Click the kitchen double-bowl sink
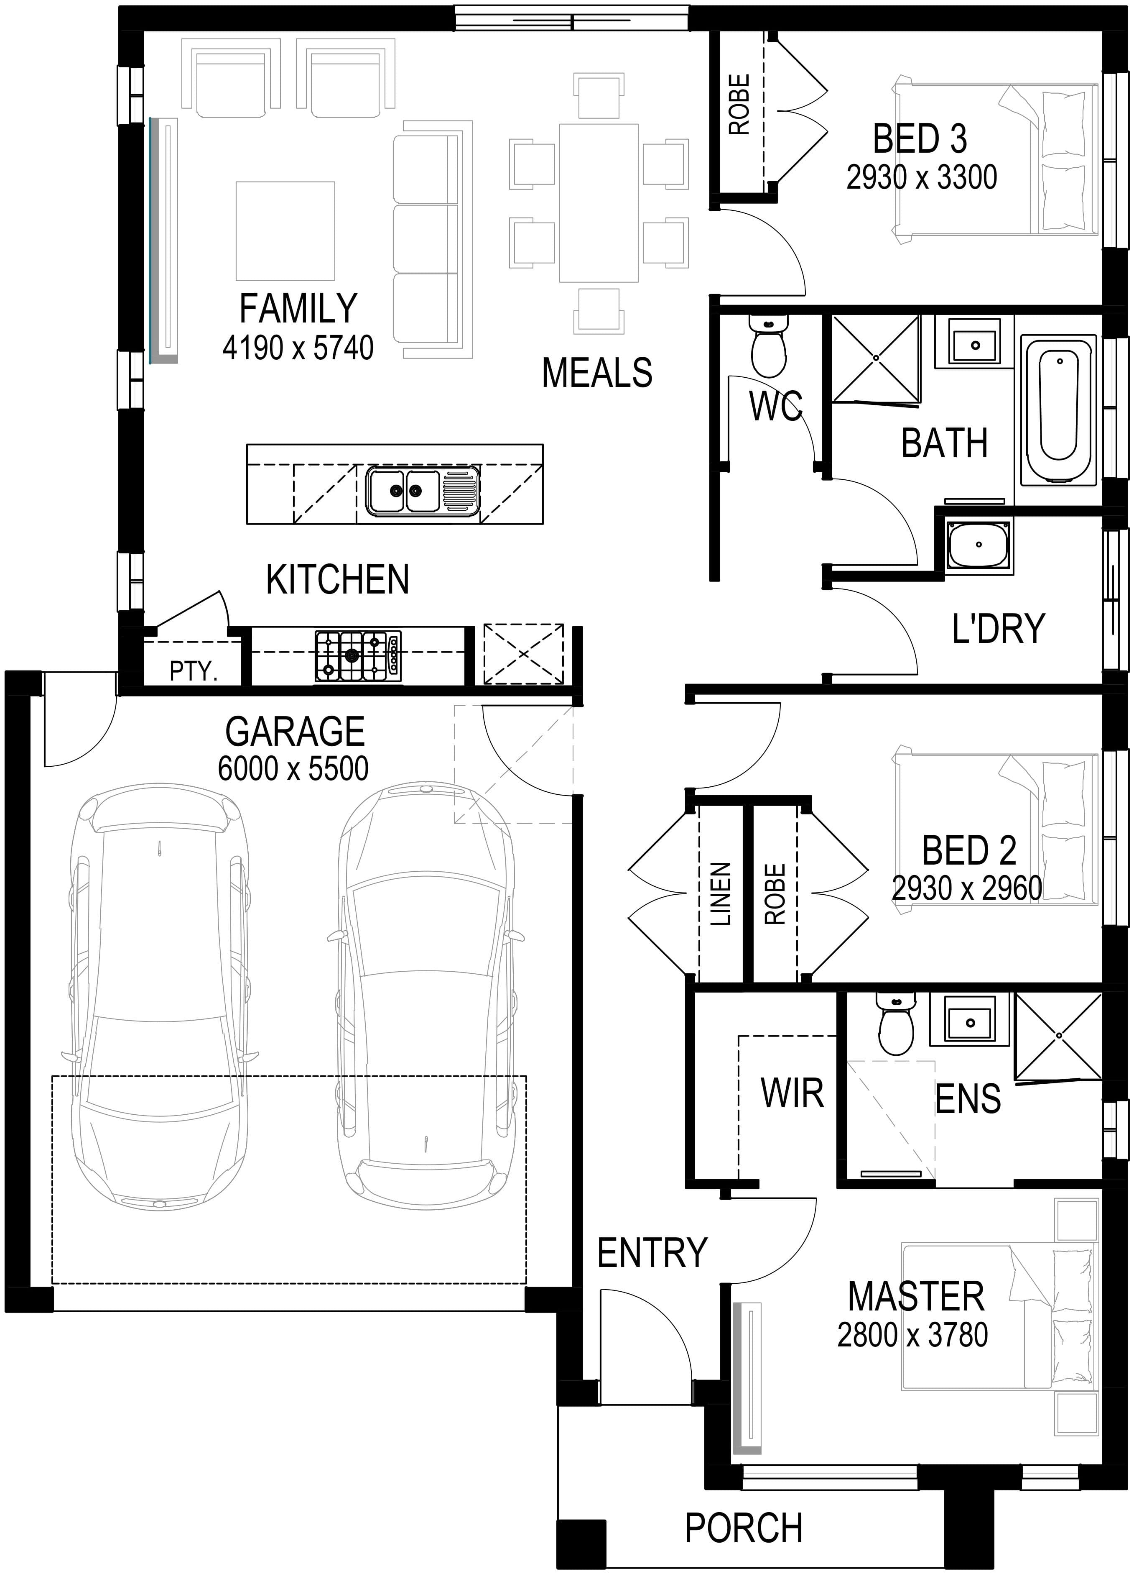(x=423, y=491)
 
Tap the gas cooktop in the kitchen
(x=358, y=655)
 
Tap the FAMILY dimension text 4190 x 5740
(x=298, y=348)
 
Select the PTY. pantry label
(x=194, y=671)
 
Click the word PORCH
(x=744, y=1528)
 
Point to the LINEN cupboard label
(x=721, y=894)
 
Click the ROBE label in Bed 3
(x=739, y=105)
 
